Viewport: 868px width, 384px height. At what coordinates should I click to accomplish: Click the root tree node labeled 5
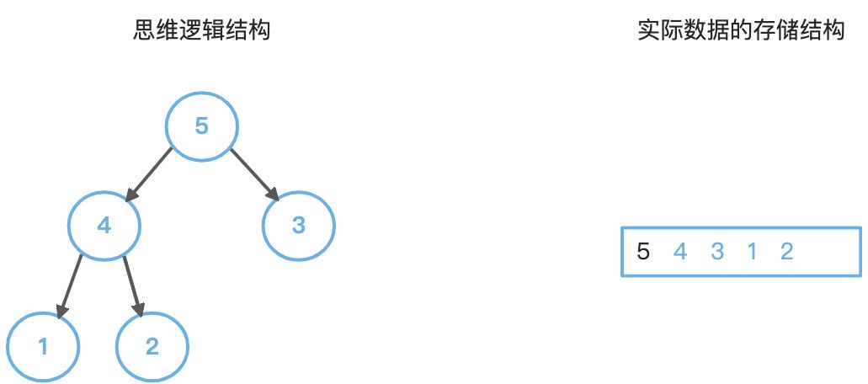click(x=201, y=126)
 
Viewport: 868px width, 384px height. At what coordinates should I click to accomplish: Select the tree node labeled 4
click(x=104, y=226)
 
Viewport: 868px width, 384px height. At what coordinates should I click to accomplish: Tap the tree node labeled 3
click(x=298, y=226)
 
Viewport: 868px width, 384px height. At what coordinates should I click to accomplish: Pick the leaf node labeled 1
click(x=43, y=346)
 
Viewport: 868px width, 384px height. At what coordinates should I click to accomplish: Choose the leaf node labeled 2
click(x=152, y=346)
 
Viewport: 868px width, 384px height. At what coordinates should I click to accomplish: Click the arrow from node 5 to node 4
click(x=148, y=175)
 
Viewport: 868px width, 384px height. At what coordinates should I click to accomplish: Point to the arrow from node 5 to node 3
click(x=253, y=175)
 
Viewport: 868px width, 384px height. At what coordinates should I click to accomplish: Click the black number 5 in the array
click(x=644, y=251)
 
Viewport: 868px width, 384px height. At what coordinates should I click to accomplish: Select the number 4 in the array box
click(x=680, y=251)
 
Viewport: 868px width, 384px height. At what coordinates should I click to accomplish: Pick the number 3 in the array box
click(x=716, y=251)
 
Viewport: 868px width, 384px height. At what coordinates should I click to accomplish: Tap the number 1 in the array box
click(x=752, y=251)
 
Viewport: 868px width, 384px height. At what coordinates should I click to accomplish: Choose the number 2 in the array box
click(x=786, y=251)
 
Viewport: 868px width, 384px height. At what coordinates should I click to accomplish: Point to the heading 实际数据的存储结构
click(x=741, y=32)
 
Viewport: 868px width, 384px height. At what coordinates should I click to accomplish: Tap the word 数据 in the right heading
click(x=705, y=32)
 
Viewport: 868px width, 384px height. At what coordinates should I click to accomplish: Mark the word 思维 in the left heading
click(x=157, y=32)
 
